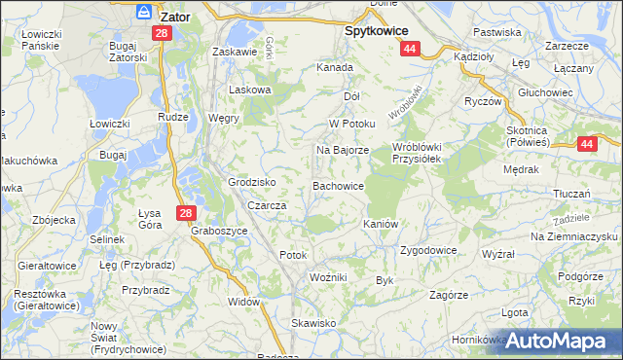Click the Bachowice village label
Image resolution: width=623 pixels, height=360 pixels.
click(338, 185)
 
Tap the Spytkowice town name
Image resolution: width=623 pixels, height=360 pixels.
click(377, 30)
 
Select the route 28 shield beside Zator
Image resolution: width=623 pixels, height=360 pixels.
click(162, 33)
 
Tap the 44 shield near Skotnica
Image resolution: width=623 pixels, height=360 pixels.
click(586, 144)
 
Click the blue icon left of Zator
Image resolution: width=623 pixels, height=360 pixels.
click(144, 13)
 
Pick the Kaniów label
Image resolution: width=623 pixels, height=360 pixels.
click(381, 224)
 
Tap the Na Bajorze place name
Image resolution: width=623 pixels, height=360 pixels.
click(342, 151)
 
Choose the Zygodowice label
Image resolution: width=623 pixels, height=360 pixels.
click(428, 250)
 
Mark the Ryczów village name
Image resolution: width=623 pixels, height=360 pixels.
click(482, 101)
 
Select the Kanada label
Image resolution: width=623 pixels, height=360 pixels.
click(334, 68)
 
